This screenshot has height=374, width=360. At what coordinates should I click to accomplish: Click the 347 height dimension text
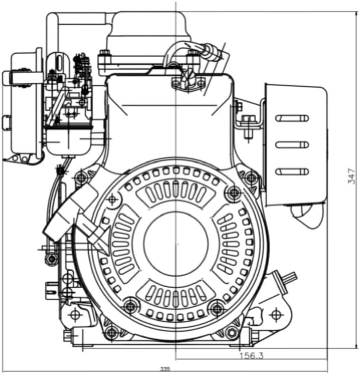click(x=351, y=176)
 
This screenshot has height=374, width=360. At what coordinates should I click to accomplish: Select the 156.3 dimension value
click(x=252, y=356)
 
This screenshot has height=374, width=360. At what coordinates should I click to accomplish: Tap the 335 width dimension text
click(x=165, y=369)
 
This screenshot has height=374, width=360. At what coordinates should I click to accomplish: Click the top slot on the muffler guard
click(x=292, y=118)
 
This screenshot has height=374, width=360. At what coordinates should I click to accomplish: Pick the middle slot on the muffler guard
click(x=292, y=144)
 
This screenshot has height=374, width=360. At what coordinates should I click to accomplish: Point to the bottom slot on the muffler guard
click(x=292, y=171)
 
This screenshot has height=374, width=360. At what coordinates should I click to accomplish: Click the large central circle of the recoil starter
click(x=176, y=244)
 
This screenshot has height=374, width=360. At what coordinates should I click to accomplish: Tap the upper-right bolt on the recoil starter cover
click(x=234, y=192)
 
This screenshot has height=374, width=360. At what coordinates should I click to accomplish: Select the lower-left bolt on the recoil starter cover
click(x=130, y=306)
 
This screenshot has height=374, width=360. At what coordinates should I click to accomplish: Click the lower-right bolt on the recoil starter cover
click(x=217, y=309)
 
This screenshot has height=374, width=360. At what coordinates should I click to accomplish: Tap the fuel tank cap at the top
click(x=148, y=24)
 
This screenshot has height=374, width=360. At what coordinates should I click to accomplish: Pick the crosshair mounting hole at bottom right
click(x=276, y=314)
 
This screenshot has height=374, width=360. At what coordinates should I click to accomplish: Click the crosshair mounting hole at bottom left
click(x=75, y=315)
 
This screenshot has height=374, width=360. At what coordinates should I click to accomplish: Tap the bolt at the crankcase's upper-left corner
click(x=81, y=177)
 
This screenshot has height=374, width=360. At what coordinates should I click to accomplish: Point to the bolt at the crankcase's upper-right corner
click(x=251, y=177)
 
